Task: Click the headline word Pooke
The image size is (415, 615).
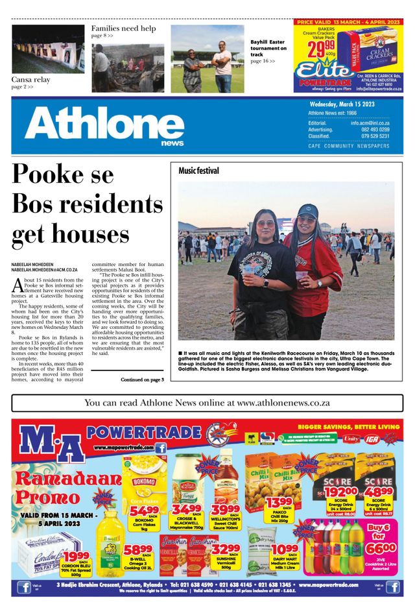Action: click(x=63, y=176)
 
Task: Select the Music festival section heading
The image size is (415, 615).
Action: click(x=198, y=171)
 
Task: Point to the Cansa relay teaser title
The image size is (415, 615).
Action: click(x=30, y=80)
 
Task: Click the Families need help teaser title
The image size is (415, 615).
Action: click(x=123, y=29)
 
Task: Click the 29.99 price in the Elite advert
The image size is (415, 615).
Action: click(x=322, y=51)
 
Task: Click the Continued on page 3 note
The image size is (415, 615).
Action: click(x=142, y=379)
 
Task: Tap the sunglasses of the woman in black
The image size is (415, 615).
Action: click(x=265, y=224)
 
